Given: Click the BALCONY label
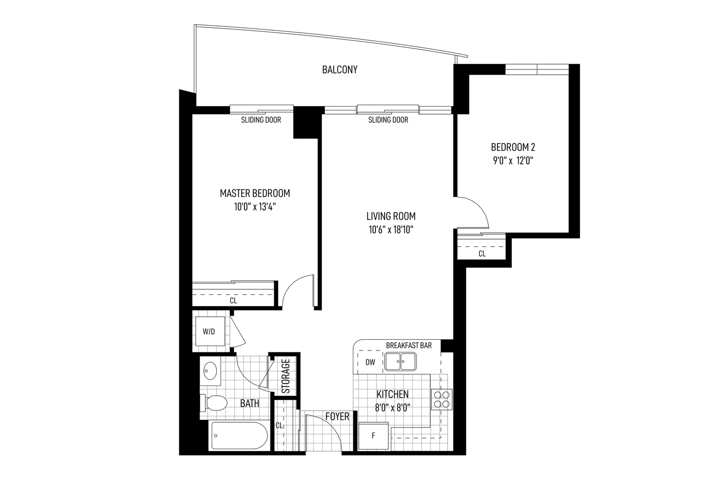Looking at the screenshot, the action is pyautogui.click(x=339, y=70).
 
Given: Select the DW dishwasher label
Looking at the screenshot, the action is pyautogui.click(x=370, y=362).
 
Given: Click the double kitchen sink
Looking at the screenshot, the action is pyautogui.click(x=400, y=361).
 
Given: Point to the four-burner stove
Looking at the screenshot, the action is pyautogui.click(x=442, y=400).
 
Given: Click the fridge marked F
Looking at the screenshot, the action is pyautogui.click(x=374, y=436).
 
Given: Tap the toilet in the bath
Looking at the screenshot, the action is pyautogui.click(x=214, y=403).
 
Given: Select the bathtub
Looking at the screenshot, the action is pyautogui.click(x=240, y=436).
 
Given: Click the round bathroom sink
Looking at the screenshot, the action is pyautogui.click(x=210, y=371).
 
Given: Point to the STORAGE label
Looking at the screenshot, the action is pyautogui.click(x=286, y=376).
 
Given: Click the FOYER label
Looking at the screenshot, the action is pyautogui.click(x=337, y=416).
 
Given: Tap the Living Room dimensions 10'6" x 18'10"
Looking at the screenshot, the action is pyautogui.click(x=391, y=230).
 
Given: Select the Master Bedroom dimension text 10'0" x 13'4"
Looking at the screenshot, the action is pyautogui.click(x=255, y=207).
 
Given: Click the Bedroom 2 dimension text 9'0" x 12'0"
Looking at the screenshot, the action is pyautogui.click(x=513, y=161).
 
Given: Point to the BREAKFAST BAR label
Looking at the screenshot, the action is pyautogui.click(x=409, y=346).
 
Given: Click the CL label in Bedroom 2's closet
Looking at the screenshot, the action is pyautogui.click(x=482, y=254).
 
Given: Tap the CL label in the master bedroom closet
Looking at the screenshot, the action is pyautogui.click(x=233, y=301).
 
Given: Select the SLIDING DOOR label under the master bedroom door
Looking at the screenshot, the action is pyautogui.click(x=261, y=120).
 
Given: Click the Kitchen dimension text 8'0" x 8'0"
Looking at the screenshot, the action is pyautogui.click(x=392, y=408).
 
